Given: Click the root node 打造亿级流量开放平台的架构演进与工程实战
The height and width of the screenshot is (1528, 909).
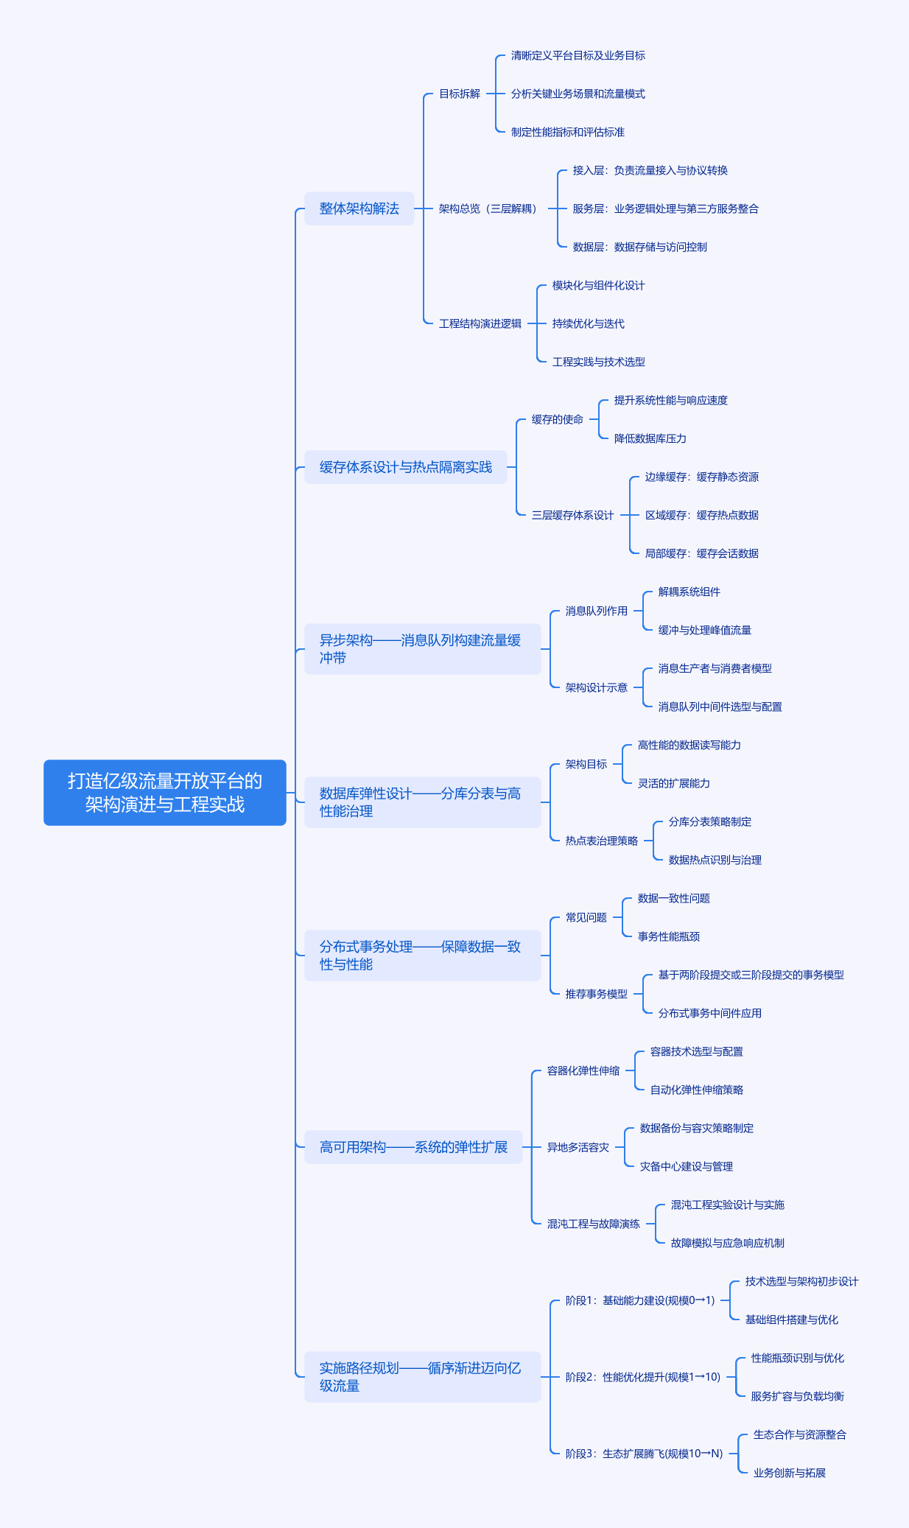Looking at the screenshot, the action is click(165, 793).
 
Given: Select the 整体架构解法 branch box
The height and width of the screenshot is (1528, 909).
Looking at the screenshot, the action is click(359, 208).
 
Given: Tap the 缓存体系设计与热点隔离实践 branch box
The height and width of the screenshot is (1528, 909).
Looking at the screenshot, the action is click(406, 467).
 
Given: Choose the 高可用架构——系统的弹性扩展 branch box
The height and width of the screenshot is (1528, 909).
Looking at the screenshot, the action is click(413, 1147).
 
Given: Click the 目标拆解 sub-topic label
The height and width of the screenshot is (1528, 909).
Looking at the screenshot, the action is click(460, 94).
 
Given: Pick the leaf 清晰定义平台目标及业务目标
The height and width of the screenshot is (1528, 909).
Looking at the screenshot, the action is click(578, 55).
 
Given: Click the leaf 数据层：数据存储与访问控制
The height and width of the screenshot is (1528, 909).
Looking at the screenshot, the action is click(640, 247).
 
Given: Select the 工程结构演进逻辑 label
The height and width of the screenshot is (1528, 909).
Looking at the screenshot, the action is click(480, 323).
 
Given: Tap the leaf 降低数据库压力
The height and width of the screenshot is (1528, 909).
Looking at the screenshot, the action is click(650, 438).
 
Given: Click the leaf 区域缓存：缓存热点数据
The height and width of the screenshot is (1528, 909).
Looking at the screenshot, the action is click(702, 515).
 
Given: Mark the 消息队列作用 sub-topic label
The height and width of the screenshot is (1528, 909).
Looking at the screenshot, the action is click(597, 611).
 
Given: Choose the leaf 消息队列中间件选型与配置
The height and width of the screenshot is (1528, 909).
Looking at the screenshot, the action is click(720, 707).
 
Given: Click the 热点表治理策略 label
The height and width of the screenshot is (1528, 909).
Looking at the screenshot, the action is click(602, 841).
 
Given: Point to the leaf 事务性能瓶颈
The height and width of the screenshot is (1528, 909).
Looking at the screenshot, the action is click(669, 936).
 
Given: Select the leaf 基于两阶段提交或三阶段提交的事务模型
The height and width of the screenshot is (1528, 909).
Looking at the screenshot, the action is click(751, 975).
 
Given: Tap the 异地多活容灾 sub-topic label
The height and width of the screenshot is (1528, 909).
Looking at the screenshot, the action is click(578, 1147).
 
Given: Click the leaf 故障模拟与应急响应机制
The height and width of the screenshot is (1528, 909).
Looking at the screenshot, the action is click(728, 1243).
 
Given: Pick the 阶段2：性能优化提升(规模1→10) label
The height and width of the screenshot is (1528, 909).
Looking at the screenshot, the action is click(643, 1377).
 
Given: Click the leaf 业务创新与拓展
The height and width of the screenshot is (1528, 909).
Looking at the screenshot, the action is click(790, 1473).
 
